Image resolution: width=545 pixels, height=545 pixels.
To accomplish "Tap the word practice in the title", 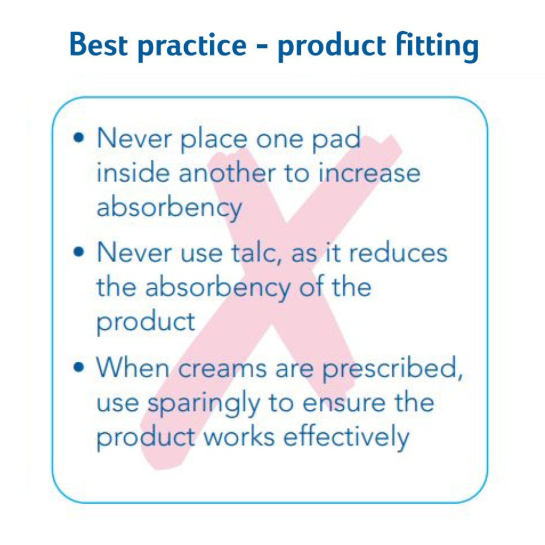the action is point(192,46).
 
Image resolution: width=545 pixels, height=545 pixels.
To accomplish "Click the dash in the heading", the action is point(262,46).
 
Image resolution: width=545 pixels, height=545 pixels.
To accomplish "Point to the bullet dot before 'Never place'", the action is point(79,137).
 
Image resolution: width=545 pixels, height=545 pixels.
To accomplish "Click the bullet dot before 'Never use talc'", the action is point(79,251).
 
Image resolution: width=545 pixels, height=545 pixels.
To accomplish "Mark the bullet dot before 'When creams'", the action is point(79,367).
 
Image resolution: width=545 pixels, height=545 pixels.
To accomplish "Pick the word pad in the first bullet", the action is point(335,140).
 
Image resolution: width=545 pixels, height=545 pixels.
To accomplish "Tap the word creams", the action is point(222,368).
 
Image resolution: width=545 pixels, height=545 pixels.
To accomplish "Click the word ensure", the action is point(344,403).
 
